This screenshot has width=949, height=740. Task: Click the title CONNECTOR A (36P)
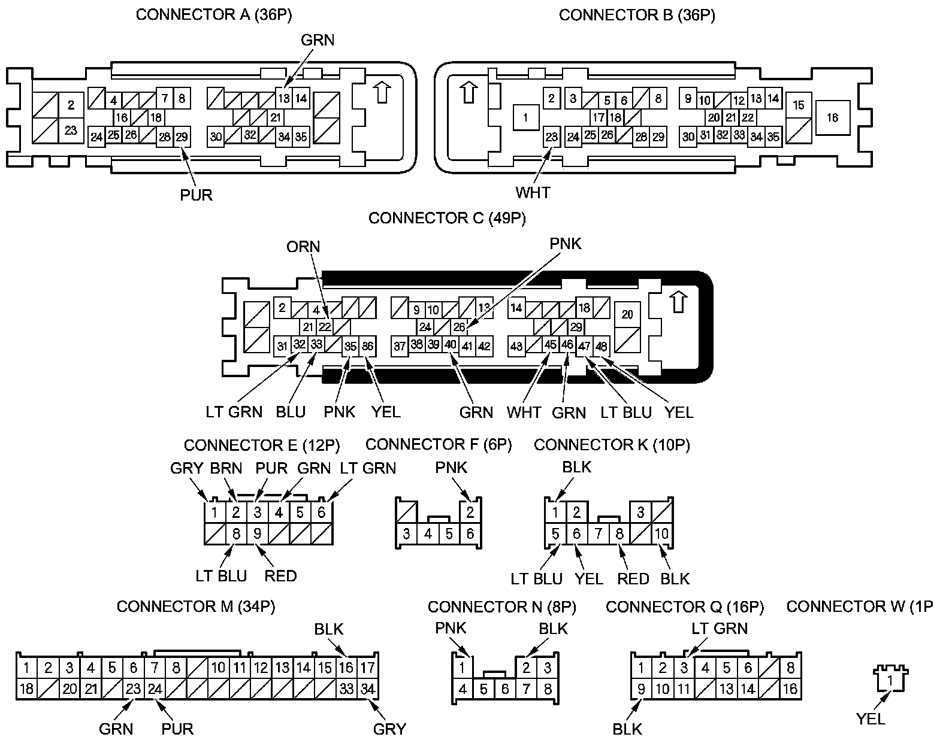click(214, 15)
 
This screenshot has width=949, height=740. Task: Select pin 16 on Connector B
click(832, 118)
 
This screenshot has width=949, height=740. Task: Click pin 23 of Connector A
click(71, 130)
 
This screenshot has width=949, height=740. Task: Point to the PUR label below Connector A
click(197, 195)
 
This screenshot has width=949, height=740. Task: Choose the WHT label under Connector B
click(533, 192)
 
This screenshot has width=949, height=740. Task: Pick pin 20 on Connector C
click(627, 314)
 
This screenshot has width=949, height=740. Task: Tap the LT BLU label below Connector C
click(626, 412)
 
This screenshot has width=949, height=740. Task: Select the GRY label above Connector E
click(187, 468)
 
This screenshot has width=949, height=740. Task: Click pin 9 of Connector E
click(258, 533)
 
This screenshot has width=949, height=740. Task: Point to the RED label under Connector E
click(280, 575)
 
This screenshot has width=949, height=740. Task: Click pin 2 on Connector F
click(470, 512)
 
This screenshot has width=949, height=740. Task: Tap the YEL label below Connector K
click(589, 578)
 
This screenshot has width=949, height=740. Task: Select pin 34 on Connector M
click(367, 689)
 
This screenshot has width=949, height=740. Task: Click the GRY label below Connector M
click(389, 729)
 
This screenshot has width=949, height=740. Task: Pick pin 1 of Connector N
click(462, 667)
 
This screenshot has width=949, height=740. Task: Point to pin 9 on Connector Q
click(641, 689)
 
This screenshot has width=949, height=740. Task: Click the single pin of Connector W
click(891, 680)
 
